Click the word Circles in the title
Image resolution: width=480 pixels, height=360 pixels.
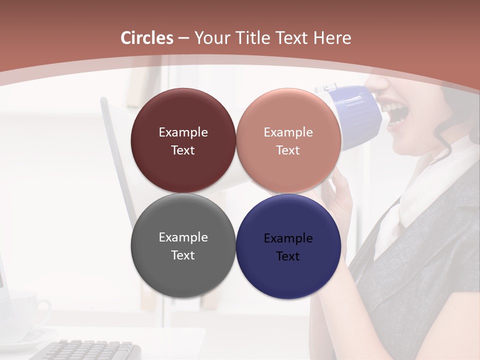click(x=147, y=38)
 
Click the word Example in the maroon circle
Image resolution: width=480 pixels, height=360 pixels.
click(x=183, y=132)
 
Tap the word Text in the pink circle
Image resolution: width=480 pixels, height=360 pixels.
click(x=288, y=150)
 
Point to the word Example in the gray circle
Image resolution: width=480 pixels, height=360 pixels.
click(x=183, y=237)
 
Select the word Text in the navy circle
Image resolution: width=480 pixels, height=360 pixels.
click(x=288, y=256)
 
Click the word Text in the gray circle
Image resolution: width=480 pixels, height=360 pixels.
click(x=183, y=255)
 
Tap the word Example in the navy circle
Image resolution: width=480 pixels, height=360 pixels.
click(x=288, y=238)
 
